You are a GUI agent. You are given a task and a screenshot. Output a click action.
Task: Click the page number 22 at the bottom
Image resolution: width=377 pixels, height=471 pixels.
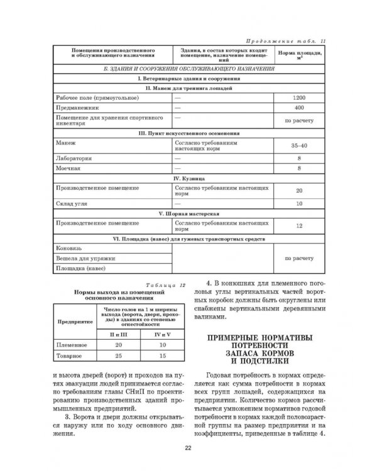pyautogui.click(x=188, y=447)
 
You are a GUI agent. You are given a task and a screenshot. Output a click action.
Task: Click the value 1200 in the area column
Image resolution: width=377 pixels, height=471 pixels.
pyautogui.click(x=299, y=99)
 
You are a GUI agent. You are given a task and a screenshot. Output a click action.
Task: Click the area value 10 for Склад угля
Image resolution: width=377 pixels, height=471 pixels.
pyautogui.click(x=299, y=204)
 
